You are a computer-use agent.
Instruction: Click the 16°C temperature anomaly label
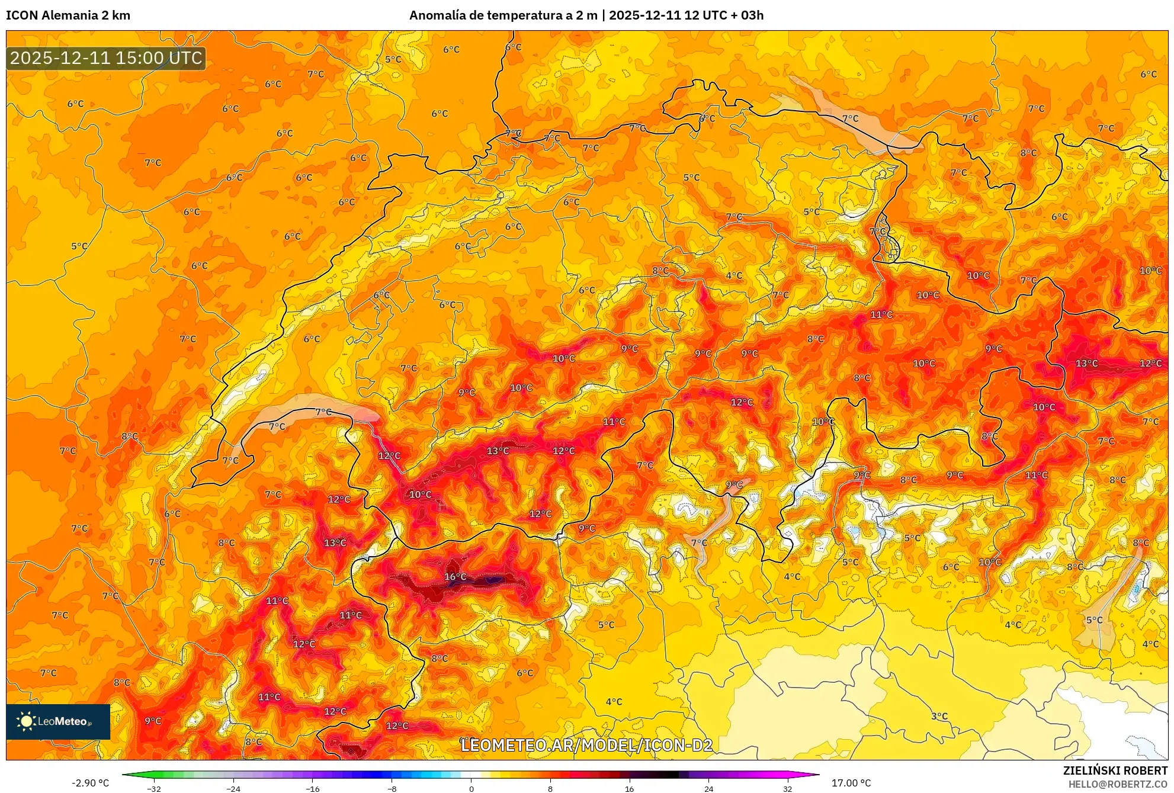455,577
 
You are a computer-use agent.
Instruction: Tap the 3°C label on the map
939,716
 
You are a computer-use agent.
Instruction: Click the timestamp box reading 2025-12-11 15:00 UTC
106,58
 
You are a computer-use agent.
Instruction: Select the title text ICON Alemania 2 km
68,15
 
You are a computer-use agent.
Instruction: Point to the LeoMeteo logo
57,721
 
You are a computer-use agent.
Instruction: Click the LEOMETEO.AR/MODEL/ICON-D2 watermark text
586,745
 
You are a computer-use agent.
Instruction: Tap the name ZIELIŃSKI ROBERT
1115,770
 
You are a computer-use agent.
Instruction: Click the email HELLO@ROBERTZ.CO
1117,784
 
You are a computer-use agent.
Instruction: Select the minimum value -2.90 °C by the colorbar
91,783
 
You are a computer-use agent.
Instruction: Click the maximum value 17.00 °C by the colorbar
851,783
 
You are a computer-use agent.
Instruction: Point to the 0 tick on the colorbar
471,788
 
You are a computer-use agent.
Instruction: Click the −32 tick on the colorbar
154,788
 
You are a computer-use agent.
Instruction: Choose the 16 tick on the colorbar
630,788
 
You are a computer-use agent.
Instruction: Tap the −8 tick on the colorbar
392,788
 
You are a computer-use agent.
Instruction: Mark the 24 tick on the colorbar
708,788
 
